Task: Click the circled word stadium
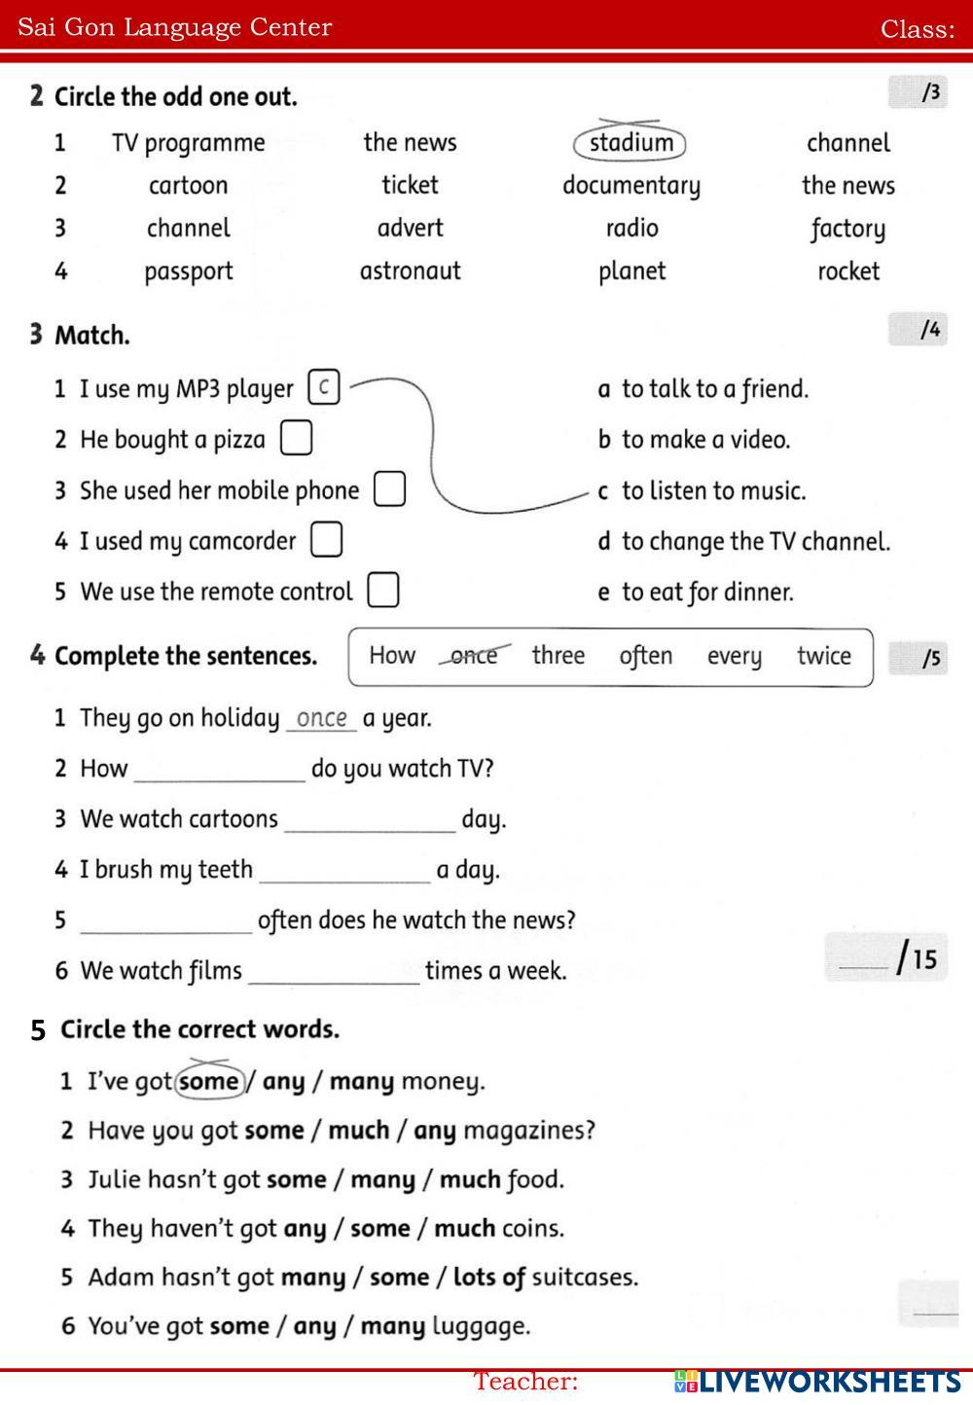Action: [x=631, y=143]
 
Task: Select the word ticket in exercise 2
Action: [x=410, y=185]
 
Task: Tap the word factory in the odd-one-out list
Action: [x=847, y=229]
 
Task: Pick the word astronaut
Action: [x=410, y=270]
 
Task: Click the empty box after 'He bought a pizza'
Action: [x=296, y=438]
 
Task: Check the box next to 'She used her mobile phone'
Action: [x=389, y=488]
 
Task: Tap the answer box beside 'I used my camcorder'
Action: [x=326, y=539]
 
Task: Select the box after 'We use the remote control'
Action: [x=382, y=590]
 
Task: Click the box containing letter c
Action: [x=323, y=387]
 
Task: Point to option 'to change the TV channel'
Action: [x=755, y=541]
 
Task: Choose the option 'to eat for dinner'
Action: [x=707, y=592]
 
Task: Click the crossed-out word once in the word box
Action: [x=474, y=656]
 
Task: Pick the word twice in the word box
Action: [x=823, y=656]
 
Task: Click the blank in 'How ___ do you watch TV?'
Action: [x=219, y=770]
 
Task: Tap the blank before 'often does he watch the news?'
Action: [x=165, y=921]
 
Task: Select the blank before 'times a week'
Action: [x=334, y=972]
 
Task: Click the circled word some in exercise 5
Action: [x=209, y=1081]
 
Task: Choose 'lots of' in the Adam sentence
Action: [x=488, y=1277]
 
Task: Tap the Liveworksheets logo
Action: [x=817, y=1381]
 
